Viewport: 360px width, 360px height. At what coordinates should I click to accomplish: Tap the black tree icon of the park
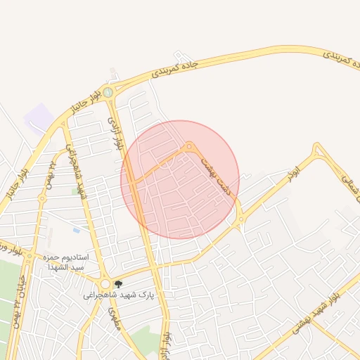point(117,284)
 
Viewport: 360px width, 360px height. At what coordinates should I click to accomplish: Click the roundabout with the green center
point(108,92)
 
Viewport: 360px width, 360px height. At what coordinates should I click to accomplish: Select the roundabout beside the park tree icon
point(105,284)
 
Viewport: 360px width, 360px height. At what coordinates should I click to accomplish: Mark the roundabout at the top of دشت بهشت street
point(189,146)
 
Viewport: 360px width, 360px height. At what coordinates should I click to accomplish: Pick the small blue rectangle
point(76,230)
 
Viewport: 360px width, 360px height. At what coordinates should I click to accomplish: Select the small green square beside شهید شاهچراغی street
point(75,191)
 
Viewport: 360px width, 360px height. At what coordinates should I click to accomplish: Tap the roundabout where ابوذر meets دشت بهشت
point(241,219)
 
